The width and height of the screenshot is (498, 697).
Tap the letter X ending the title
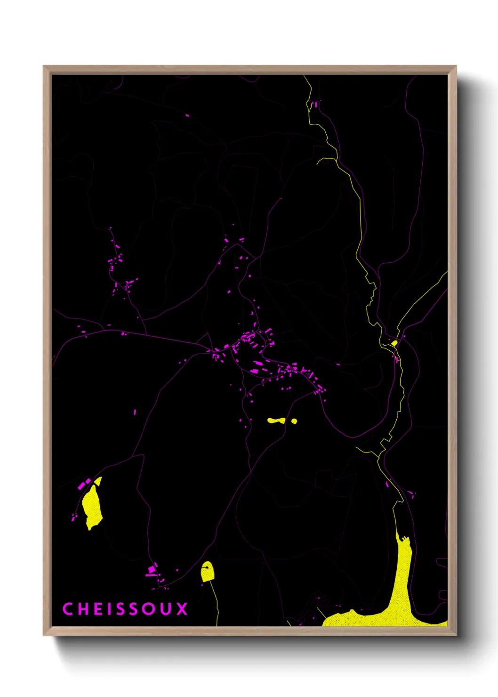click(x=182, y=609)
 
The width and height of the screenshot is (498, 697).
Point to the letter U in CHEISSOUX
click(x=167, y=609)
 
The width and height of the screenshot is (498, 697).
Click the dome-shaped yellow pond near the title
click(x=207, y=572)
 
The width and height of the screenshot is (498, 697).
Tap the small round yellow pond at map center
click(x=294, y=421)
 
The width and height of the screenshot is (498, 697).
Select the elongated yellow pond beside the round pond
click(x=276, y=421)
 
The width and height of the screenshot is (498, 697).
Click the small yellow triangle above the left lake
click(x=98, y=481)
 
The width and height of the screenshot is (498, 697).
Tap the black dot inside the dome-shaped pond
click(x=205, y=568)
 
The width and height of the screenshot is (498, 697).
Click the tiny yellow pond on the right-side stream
click(x=394, y=343)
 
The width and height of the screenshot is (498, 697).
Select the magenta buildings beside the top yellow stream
click(x=314, y=104)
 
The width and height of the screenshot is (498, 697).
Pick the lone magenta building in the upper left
click(x=187, y=115)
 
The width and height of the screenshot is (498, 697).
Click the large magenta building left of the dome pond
click(x=152, y=570)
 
